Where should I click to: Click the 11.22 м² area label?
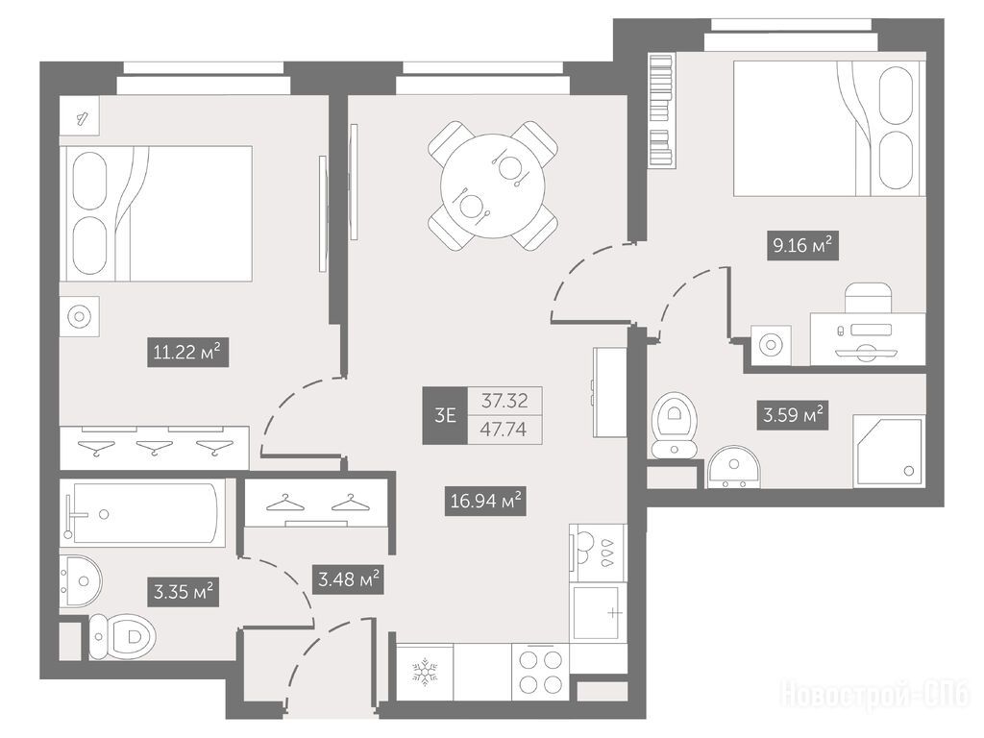click(187, 352)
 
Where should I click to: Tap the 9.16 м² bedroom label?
click(802, 245)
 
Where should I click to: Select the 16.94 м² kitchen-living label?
click(485, 501)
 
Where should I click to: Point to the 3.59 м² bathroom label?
click(793, 415)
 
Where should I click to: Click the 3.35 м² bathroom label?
click(184, 592)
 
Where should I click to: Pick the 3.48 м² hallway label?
click(348, 579)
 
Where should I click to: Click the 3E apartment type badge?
click(444, 415)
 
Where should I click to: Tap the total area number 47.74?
click(504, 430)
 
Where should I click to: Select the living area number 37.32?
click(504, 401)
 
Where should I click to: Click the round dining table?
click(493, 185)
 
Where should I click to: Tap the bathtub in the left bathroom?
click(142, 513)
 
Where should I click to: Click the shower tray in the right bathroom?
click(888, 450)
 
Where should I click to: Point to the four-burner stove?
click(540, 672)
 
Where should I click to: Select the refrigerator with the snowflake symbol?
click(425, 672)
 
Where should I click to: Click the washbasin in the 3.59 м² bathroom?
click(733, 467)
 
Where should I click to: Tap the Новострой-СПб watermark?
click(874, 696)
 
